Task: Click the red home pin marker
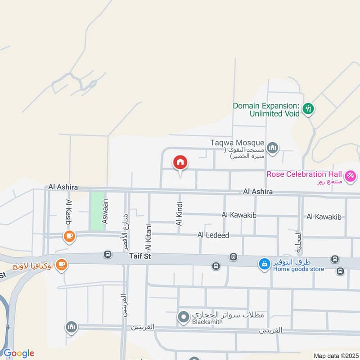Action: (180, 162)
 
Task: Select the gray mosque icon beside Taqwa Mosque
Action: (273, 148)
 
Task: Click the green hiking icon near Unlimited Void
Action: (308, 108)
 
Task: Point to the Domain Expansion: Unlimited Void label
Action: (266, 110)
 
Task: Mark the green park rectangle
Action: (97, 206)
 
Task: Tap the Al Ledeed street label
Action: (213, 235)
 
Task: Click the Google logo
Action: (18, 353)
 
